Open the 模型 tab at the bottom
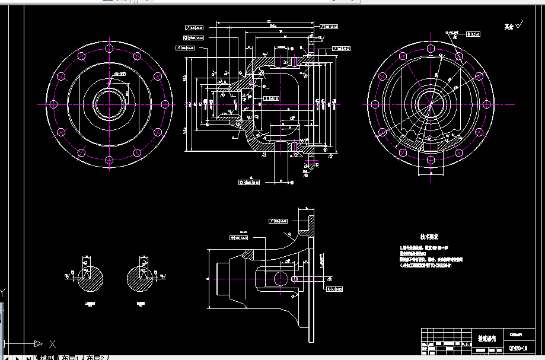point(47,356)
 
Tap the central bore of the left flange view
point(109,104)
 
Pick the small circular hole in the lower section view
point(294,278)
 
